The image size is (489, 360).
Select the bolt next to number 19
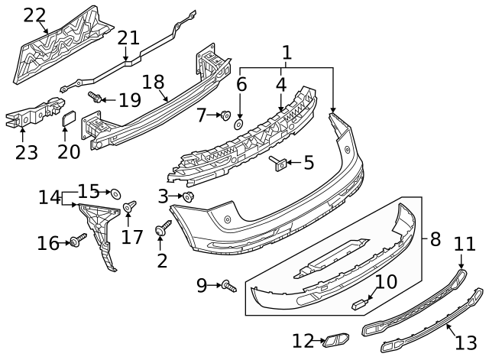(96, 98)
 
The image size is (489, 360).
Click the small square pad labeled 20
(68, 120)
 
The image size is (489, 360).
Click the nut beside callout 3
(189, 197)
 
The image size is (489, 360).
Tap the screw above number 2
(162, 229)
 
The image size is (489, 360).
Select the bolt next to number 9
(228, 287)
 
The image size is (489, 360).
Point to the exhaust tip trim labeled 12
(334, 340)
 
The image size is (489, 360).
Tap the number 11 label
(465, 244)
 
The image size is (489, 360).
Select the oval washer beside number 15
(115, 193)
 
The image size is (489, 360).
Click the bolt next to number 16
(76, 243)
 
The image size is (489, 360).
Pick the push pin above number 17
(131, 206)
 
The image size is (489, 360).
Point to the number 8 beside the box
(435, 239)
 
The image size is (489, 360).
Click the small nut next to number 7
(225, 115)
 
